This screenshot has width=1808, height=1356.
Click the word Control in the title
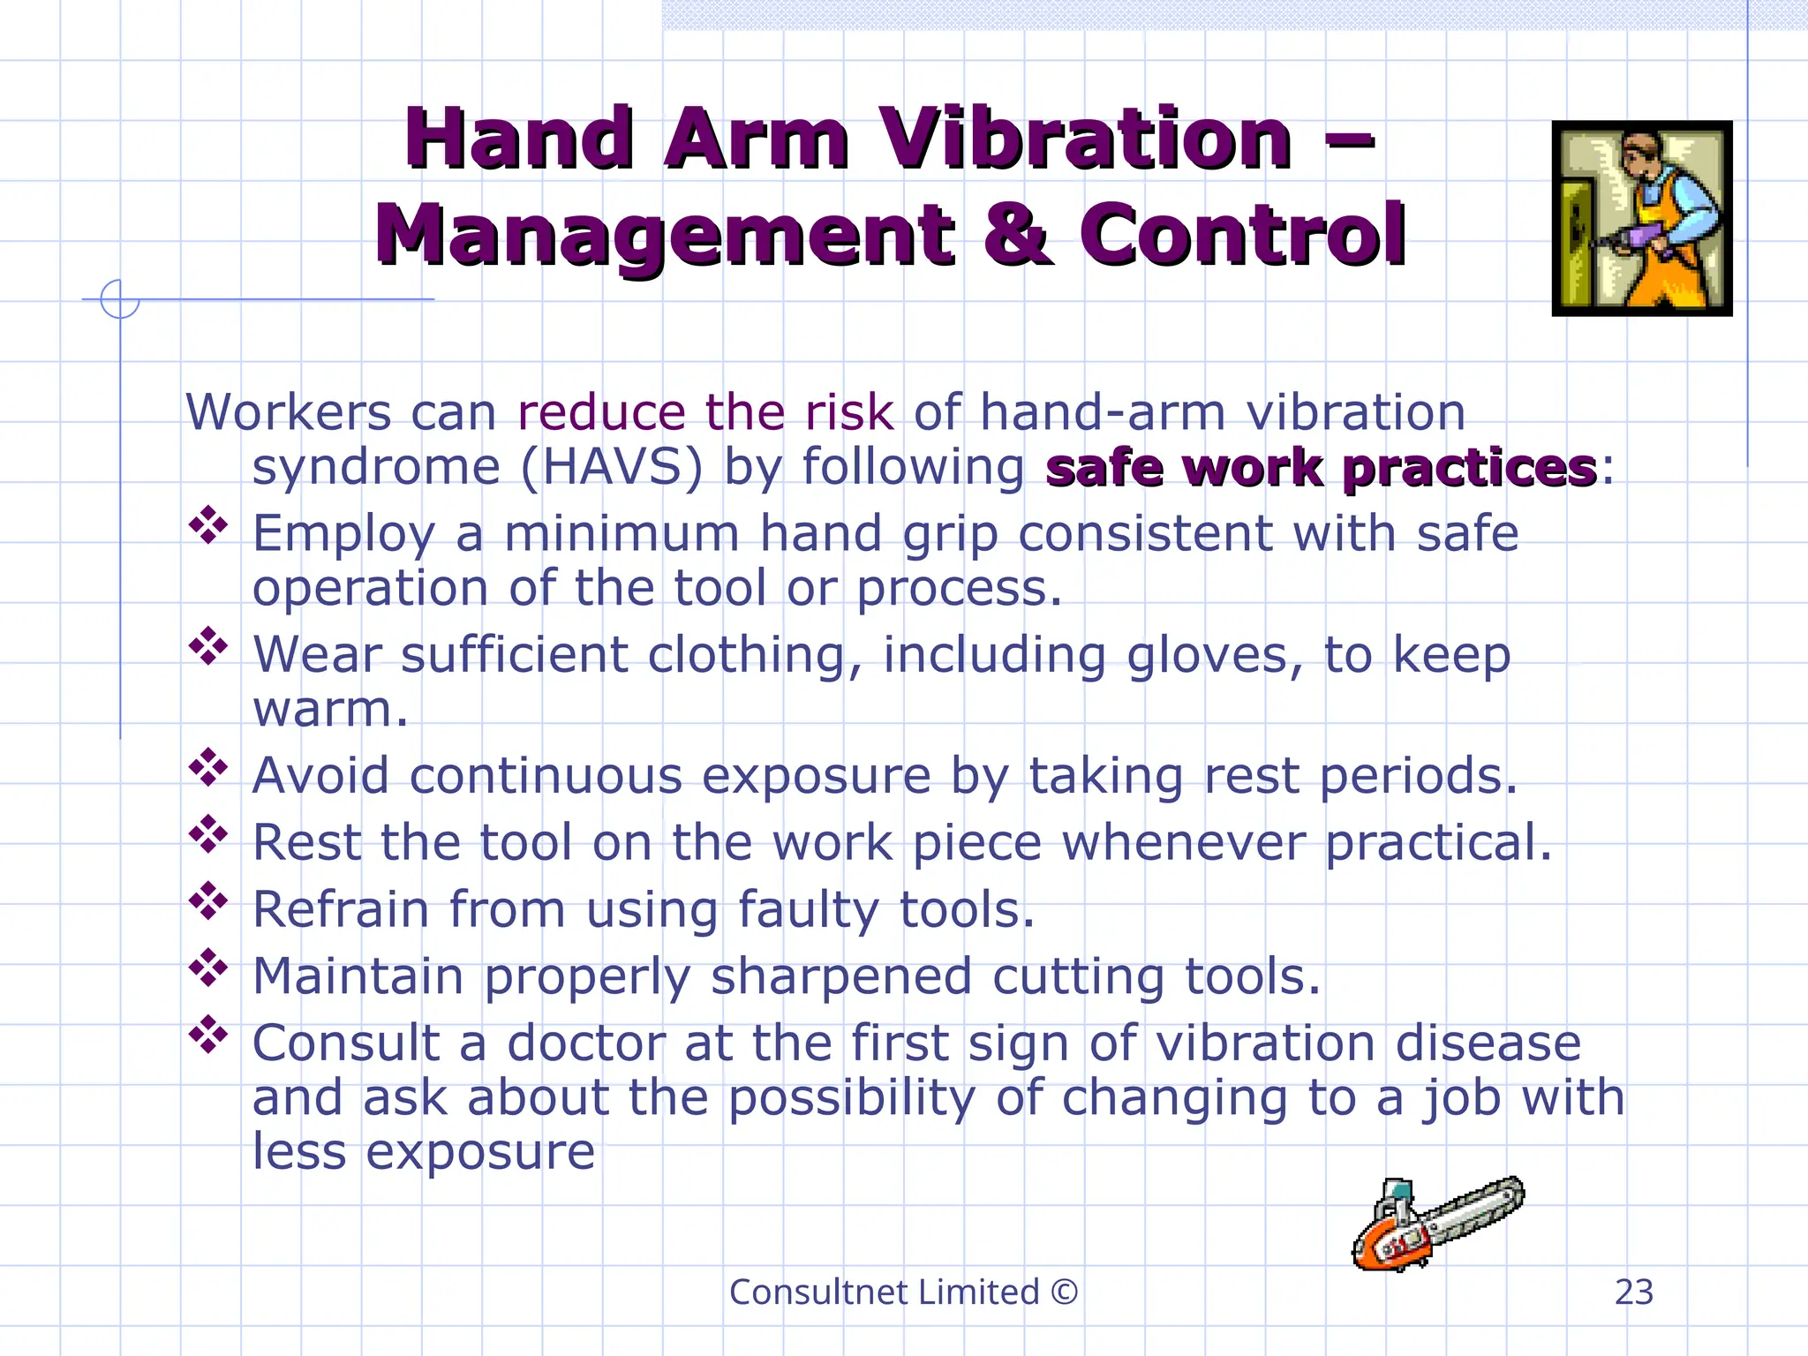[x=1243, y=234]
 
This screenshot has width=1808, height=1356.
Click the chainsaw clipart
[x=1437, y=1224]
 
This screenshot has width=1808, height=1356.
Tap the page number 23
[x=1633, y=1292]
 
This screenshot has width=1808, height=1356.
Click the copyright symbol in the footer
[x=1065, y=1292]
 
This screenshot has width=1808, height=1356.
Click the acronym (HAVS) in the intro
[x=611, y=467]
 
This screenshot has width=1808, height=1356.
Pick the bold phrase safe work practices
[x=1321, y=467]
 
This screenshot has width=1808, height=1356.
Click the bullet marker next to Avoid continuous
[x=208, y=767]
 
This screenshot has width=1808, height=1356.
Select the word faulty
[x=808, y=909]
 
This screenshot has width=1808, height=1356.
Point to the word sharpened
[x=840, y=976]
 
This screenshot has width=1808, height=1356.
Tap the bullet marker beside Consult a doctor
[x=208, y=1035]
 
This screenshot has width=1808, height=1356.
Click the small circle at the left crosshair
[x=120, y=299]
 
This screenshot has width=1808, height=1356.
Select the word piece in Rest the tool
[x=976, y=842]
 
